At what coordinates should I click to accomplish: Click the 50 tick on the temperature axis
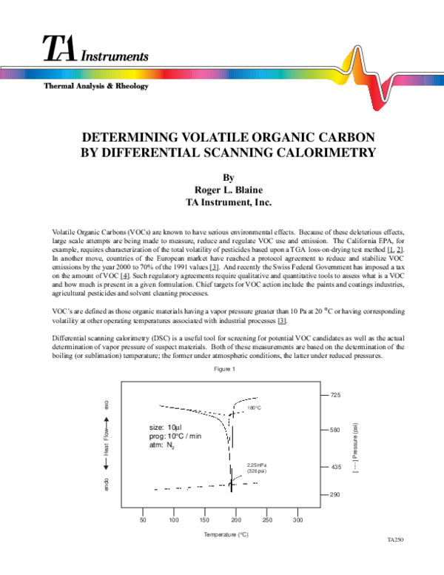click(143, 521)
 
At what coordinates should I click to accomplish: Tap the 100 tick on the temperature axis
click(174, 521)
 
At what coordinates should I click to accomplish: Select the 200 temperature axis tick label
click(237, 521)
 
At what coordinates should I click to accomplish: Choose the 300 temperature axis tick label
click(299, 521)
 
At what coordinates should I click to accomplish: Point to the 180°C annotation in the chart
click(255, 408)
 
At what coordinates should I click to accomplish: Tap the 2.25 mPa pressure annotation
click(257, 465)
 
